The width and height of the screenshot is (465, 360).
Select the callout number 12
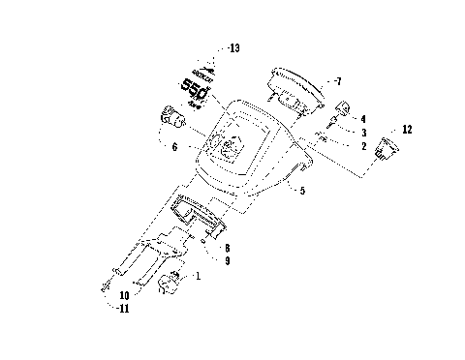tap(406, 129)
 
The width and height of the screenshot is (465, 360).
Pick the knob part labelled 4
tap(344, 106)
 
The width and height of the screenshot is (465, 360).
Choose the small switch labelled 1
tap(171, 284)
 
